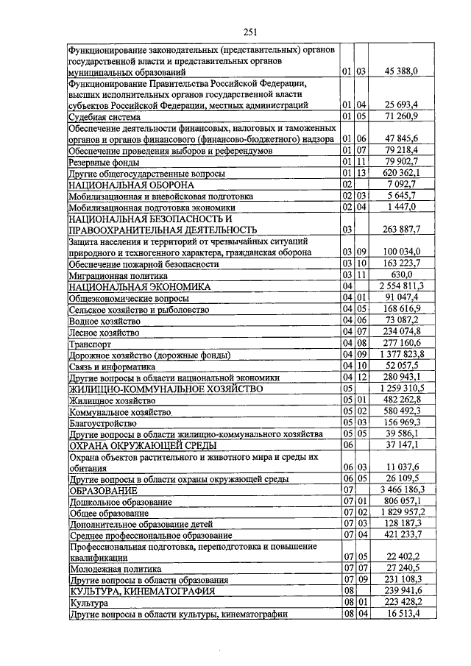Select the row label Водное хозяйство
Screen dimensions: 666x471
(103, 321)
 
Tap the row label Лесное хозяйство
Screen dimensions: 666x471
(103, 333)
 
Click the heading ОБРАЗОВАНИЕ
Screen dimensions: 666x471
(103, 489)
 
